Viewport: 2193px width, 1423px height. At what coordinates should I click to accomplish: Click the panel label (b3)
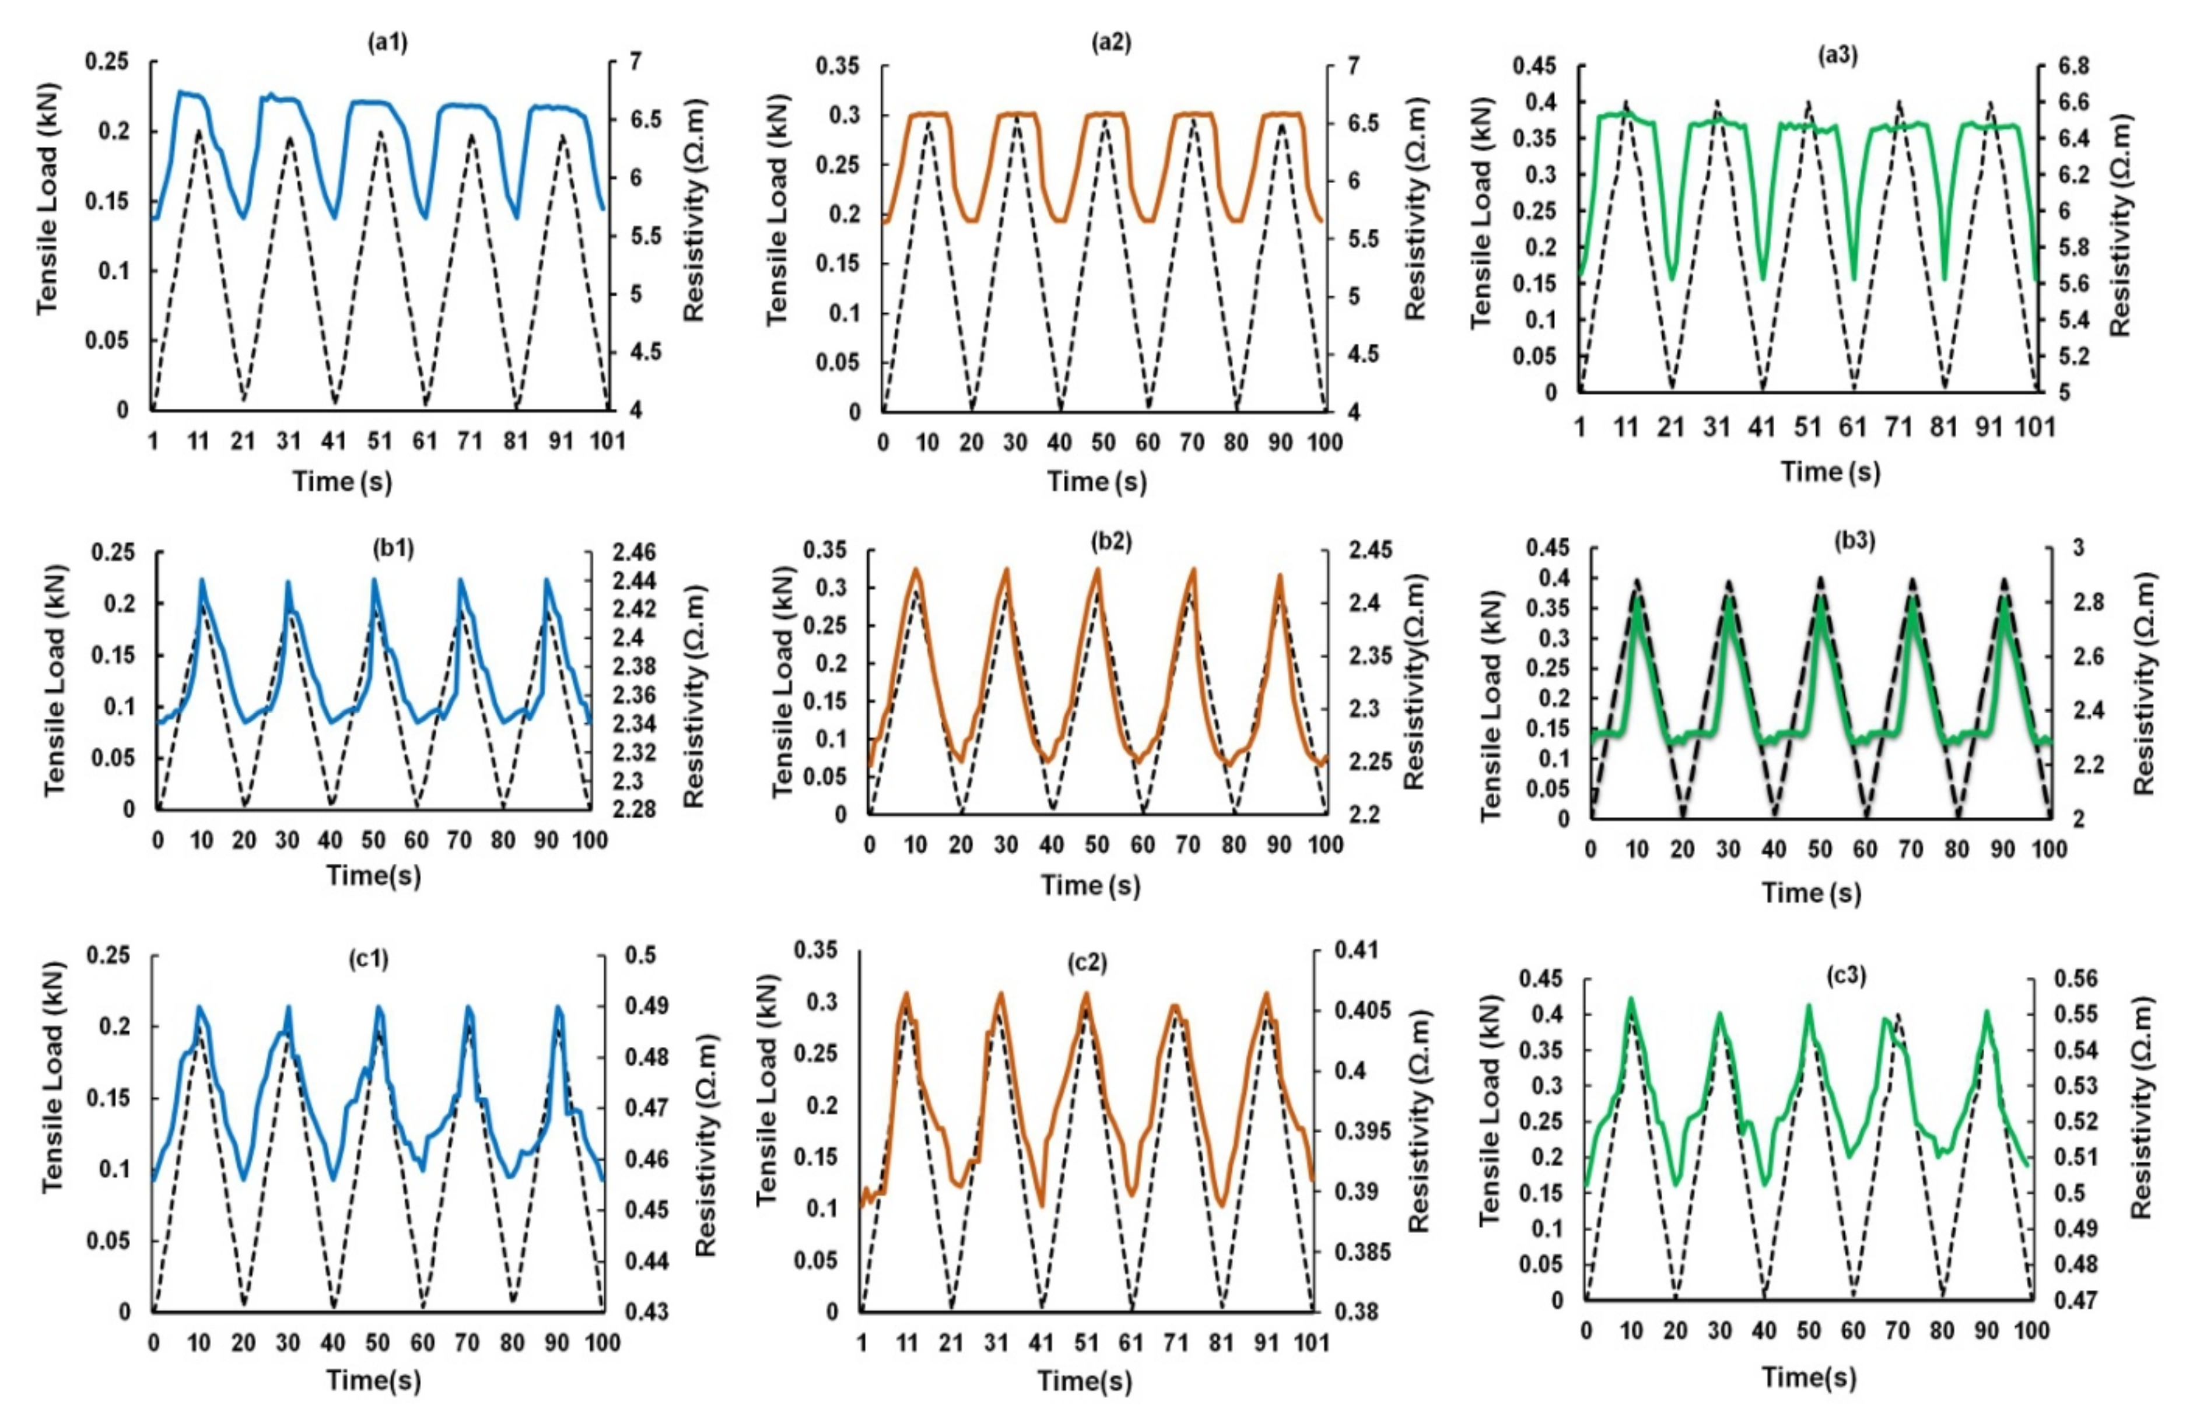point(1854,541)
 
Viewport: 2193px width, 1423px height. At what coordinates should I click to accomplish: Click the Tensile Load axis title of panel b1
point(55,680)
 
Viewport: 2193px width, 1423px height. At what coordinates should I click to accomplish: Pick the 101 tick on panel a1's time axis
point(607,441)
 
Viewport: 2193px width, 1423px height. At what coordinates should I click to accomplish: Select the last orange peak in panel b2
point(1279,576)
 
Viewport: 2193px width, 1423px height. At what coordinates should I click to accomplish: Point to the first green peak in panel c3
point(1631,998)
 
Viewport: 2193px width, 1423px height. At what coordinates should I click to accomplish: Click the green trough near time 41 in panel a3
point(1763,278)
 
